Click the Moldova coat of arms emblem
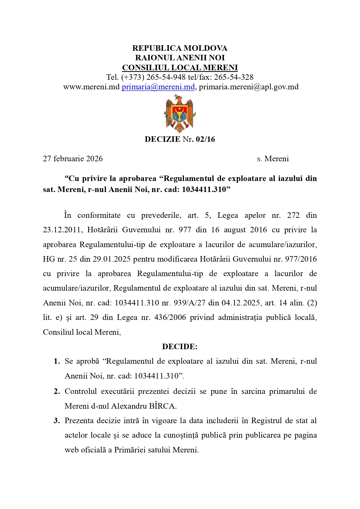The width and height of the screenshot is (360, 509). click(180, 114)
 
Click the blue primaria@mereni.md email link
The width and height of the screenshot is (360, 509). click(158, 87)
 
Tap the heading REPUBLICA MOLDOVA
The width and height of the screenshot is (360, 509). click(180, 48)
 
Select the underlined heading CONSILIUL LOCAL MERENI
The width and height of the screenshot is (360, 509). click(180, 68)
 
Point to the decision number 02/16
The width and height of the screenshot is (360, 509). click(205, 139)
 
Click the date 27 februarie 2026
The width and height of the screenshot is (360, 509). click(73, 159)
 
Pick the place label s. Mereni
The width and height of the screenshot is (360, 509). click(273, 159)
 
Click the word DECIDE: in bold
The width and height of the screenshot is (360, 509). click(180, 347)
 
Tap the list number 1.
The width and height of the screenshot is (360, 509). click(57, 361)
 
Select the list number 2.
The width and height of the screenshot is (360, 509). click(57, 392)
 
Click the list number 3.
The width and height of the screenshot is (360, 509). click(57, 421)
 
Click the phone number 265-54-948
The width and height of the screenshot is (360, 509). click(166, 77)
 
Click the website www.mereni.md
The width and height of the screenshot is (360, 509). click(91, 87)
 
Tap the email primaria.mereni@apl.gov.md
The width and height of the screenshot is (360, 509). click(249, 87)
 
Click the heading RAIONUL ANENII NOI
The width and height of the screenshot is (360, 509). click(180, 58)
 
